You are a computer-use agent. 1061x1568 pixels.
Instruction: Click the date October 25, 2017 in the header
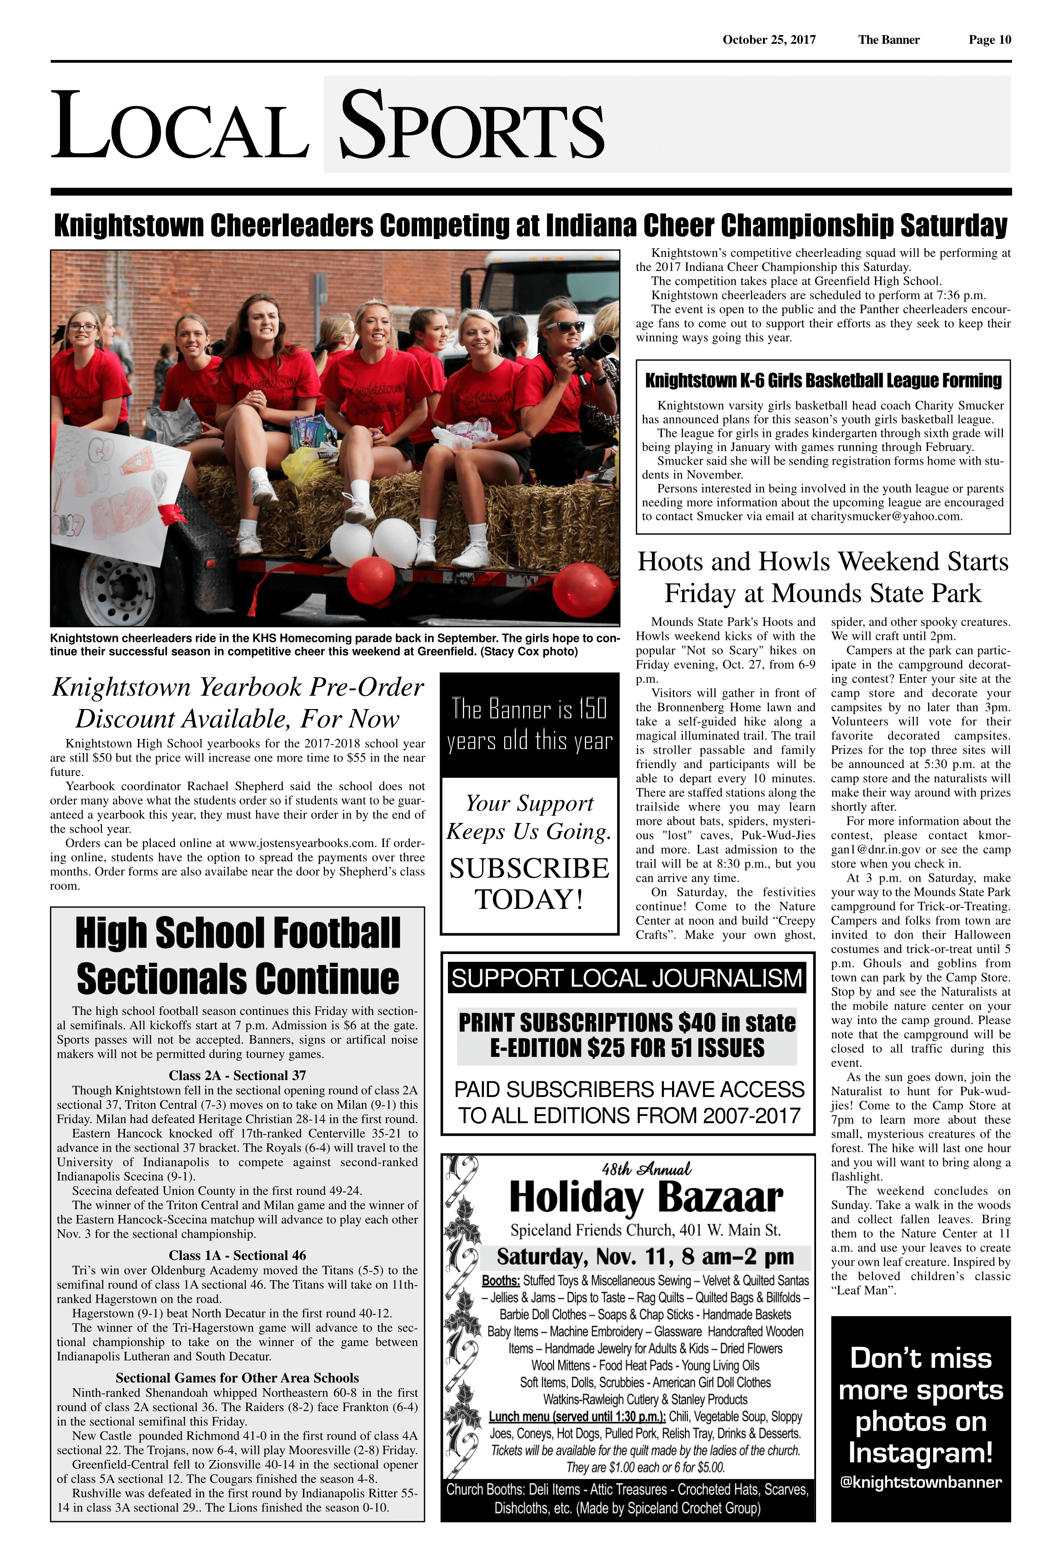(769, 40)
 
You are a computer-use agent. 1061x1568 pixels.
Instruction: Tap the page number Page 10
(989, 40)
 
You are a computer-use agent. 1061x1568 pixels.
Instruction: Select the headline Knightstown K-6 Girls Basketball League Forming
(823, 381)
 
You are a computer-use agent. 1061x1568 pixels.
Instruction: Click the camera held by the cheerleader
(594, 350)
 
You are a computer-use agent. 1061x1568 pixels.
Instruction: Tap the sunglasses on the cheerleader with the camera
(565, 327)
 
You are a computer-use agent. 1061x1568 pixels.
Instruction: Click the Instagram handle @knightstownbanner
(921, 1482)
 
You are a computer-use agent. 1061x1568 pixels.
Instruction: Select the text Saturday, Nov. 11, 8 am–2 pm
(645, 1257)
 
